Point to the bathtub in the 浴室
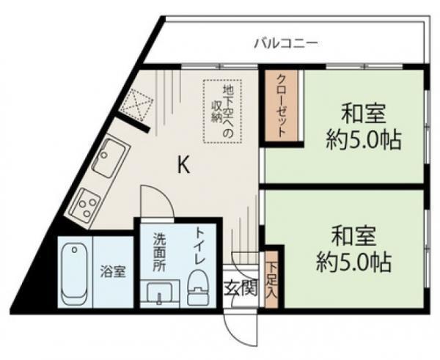pos(73,273)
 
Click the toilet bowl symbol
pos(197,287)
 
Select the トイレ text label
pos(200,246)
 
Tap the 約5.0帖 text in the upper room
pos(364,139)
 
